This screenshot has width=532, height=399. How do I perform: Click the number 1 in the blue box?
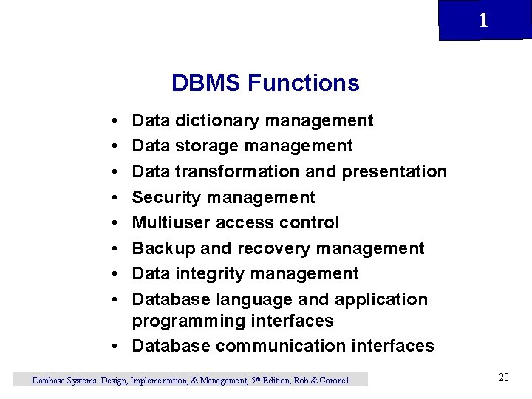click(x=483, y=21)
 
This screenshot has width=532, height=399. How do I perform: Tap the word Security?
click(x=166, y=197)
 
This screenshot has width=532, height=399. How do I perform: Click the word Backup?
click(x=162, y=248)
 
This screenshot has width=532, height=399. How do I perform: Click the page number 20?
click(x=504, y=378)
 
